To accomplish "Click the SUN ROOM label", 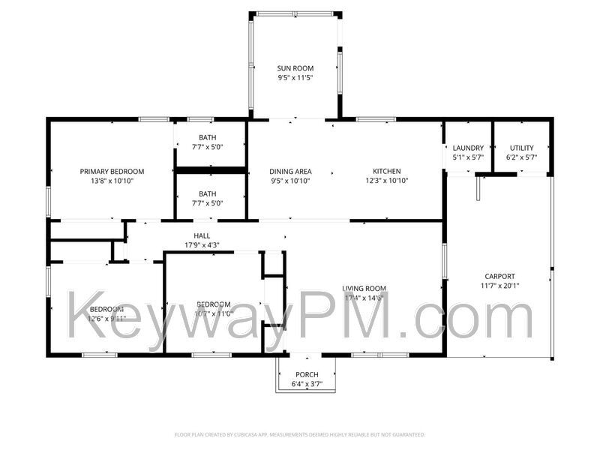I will [295, 68].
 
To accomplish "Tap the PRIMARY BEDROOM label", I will [112, 171].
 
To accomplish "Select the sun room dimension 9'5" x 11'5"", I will [295, 77].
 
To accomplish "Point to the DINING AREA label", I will [290, 171].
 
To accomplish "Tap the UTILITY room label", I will [521, 148].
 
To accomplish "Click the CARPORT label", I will [499, 276].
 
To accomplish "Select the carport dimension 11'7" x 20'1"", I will [499, 286].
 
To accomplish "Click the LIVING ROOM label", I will [364, 288].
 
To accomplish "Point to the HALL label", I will [202, 235].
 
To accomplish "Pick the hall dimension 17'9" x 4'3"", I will [202, 244].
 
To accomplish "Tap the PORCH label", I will [307, 374].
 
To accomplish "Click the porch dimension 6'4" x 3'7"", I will [307, 384].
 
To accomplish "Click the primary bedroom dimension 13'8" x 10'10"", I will [112, 181].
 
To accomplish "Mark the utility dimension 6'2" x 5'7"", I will [521, 157].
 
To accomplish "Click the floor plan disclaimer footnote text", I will [300, 434].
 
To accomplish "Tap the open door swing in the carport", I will [477, 188].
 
